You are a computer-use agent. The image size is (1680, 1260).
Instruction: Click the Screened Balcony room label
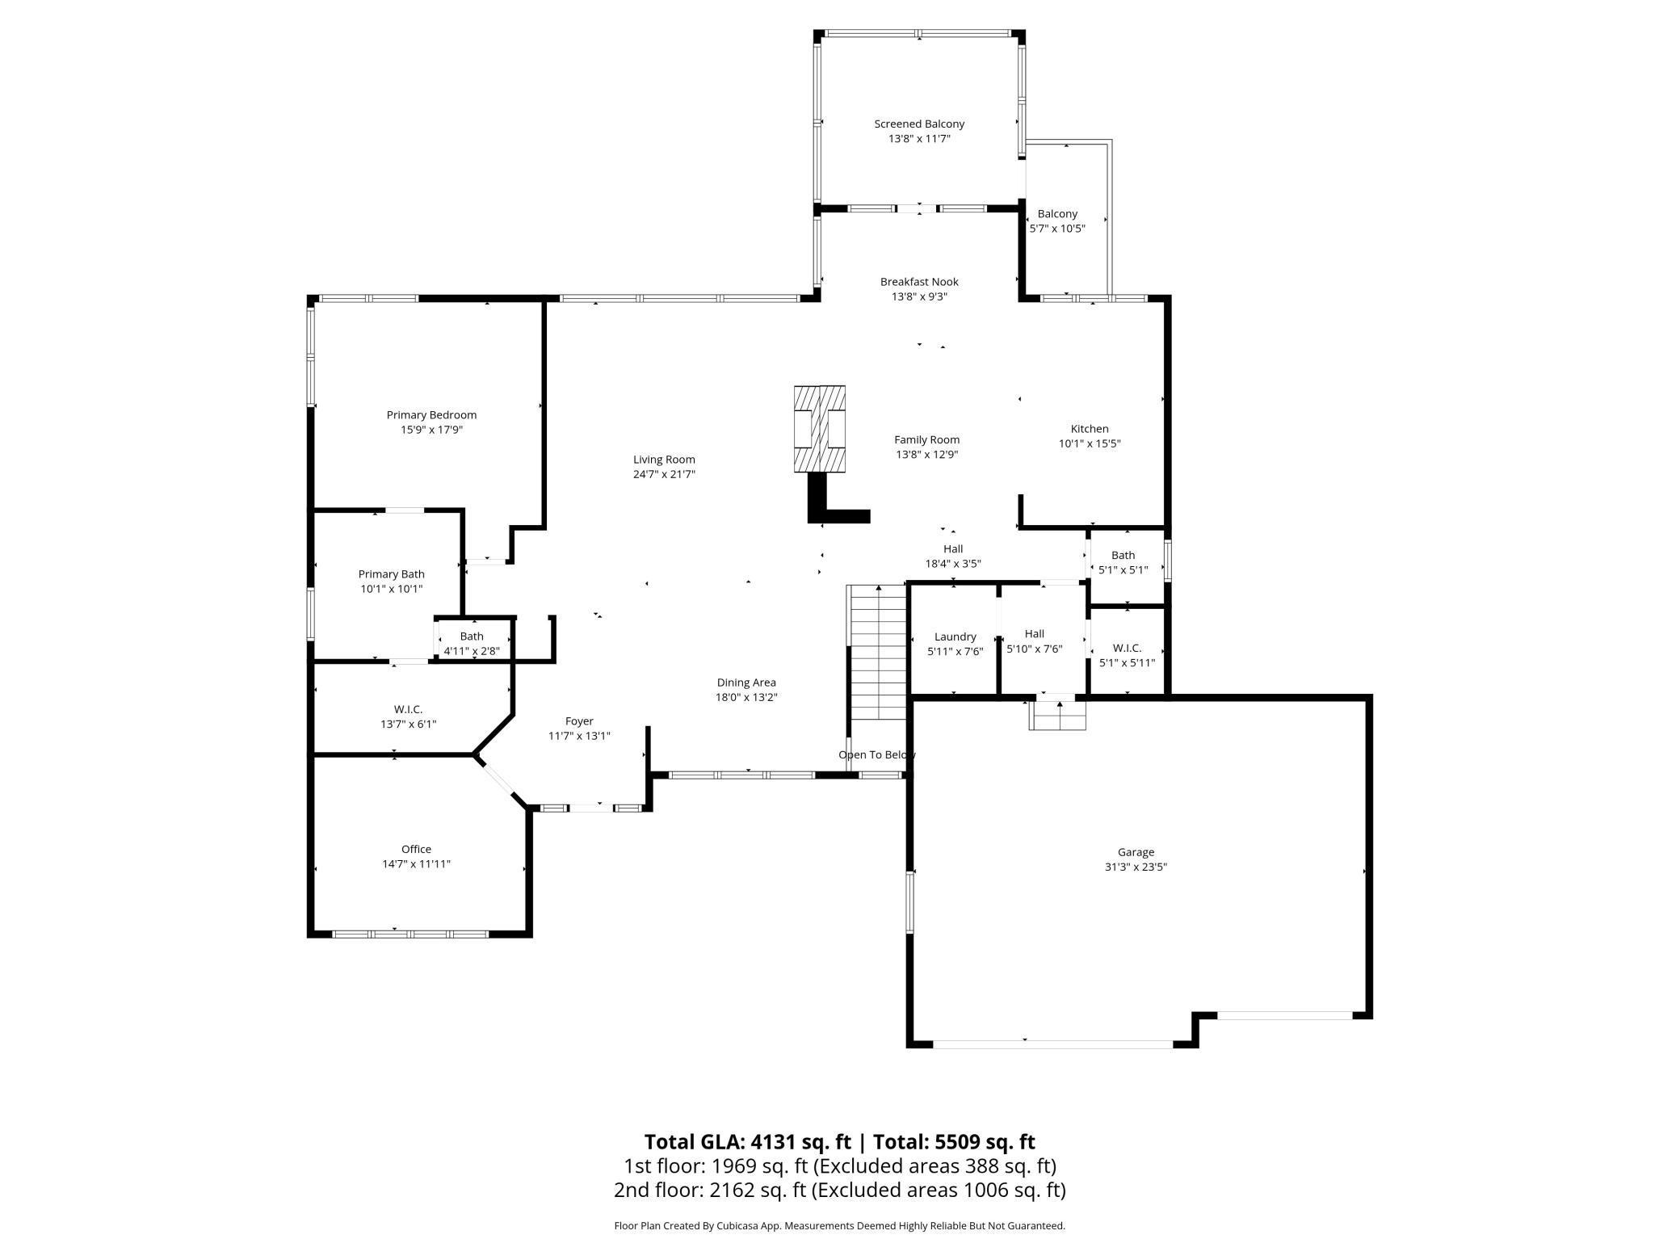click(x=919, y=124)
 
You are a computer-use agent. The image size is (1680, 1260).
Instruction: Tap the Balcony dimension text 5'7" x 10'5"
click(x=1057, y=229)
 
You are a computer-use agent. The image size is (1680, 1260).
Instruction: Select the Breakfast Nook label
click(x=919, y=282)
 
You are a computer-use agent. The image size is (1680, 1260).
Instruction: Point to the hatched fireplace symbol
click(x=819, y=429)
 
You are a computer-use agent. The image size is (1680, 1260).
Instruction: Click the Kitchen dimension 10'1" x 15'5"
click(x=1090, y=443)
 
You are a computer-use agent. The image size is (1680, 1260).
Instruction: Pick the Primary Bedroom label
click(x=431, y=415)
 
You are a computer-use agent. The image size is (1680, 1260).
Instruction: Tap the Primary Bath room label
click(x=391, y=574)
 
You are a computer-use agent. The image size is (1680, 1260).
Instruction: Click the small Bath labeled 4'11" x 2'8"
click(x=472, y=643)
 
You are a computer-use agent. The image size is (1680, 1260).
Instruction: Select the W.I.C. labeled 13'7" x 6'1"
click(x=408, y=716)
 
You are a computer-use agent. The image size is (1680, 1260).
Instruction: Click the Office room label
click(x=416, y=849)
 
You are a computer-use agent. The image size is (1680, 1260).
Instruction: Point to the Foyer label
click(x=579, y=721)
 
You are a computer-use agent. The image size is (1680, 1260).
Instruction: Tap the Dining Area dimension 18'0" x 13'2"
click(x=746, y=697)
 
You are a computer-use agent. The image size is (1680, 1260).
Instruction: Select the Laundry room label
click(x=955, y=636)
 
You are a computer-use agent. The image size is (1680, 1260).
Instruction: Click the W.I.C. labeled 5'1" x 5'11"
click(x=1127, y=655)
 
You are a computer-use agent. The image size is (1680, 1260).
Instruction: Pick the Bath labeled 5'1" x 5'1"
click(x=1123, y=562)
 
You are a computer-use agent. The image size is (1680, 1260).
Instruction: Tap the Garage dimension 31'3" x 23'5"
click(x=1136, y=867)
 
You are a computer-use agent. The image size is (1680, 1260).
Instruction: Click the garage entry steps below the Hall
click(x=1057, y=716)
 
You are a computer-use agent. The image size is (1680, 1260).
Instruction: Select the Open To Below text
click(x=876, y=754)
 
